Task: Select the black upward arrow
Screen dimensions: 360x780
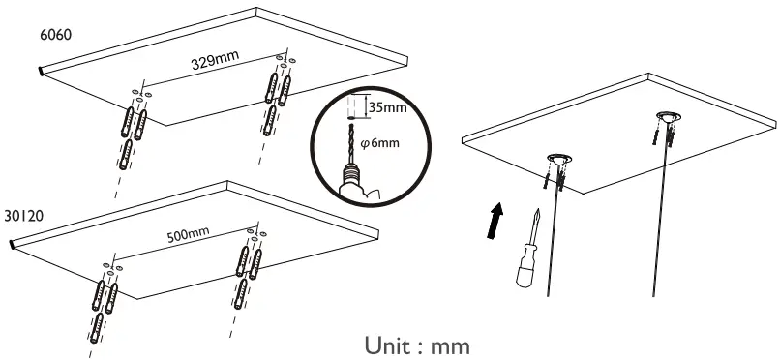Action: pyautogui.click(x=494, y=219)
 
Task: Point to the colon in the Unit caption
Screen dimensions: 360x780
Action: pyautogui.click(x=423, y=346)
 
